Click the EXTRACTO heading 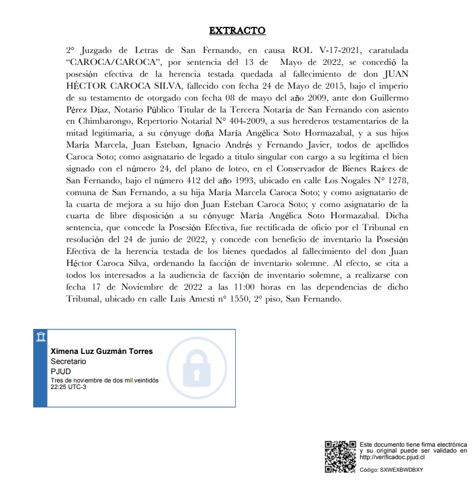point(237,30)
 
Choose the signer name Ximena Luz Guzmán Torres point(102,351)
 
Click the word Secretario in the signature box point(68,361)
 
